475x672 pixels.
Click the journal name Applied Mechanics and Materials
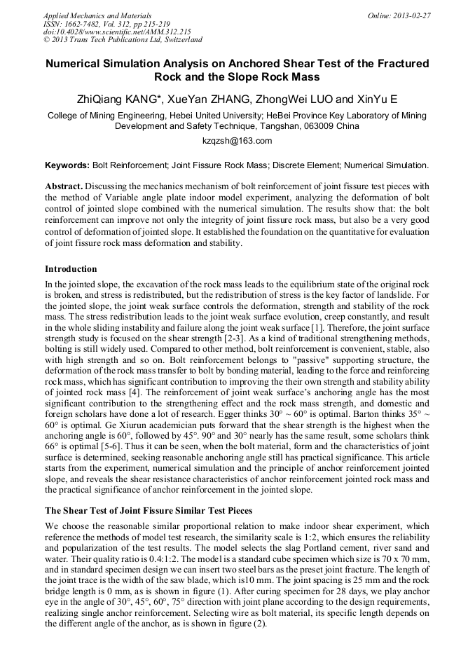pyautogui.click(x=97, y=15)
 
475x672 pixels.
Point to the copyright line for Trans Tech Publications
pyautogui.click(x=123, y=40)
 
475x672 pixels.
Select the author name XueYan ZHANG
pyautogui.click(x=200, y=99)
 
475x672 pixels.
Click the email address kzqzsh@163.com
pyautogui.click(x=237, y=141)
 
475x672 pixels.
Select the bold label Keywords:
pyautogui.click(x=67, y=165)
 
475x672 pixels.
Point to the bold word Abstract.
pyautogui.click(x=64, y=187)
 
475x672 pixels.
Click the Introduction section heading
pyautogui.click(x=71, y=268)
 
